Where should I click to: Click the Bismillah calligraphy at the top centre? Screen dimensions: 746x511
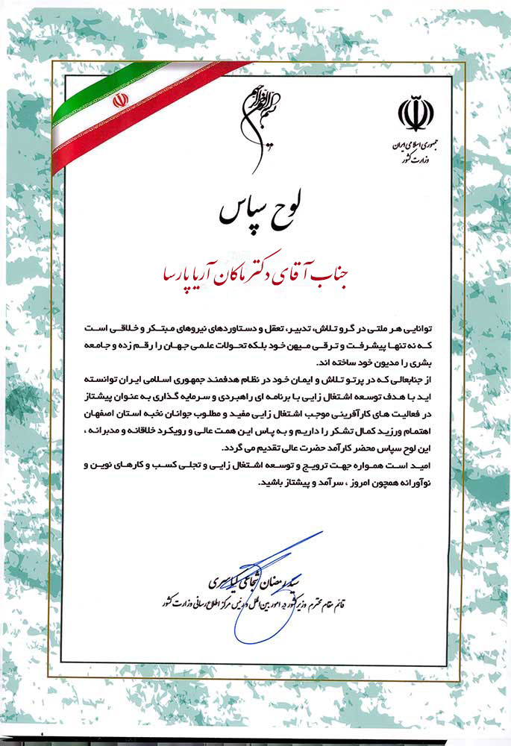254,123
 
